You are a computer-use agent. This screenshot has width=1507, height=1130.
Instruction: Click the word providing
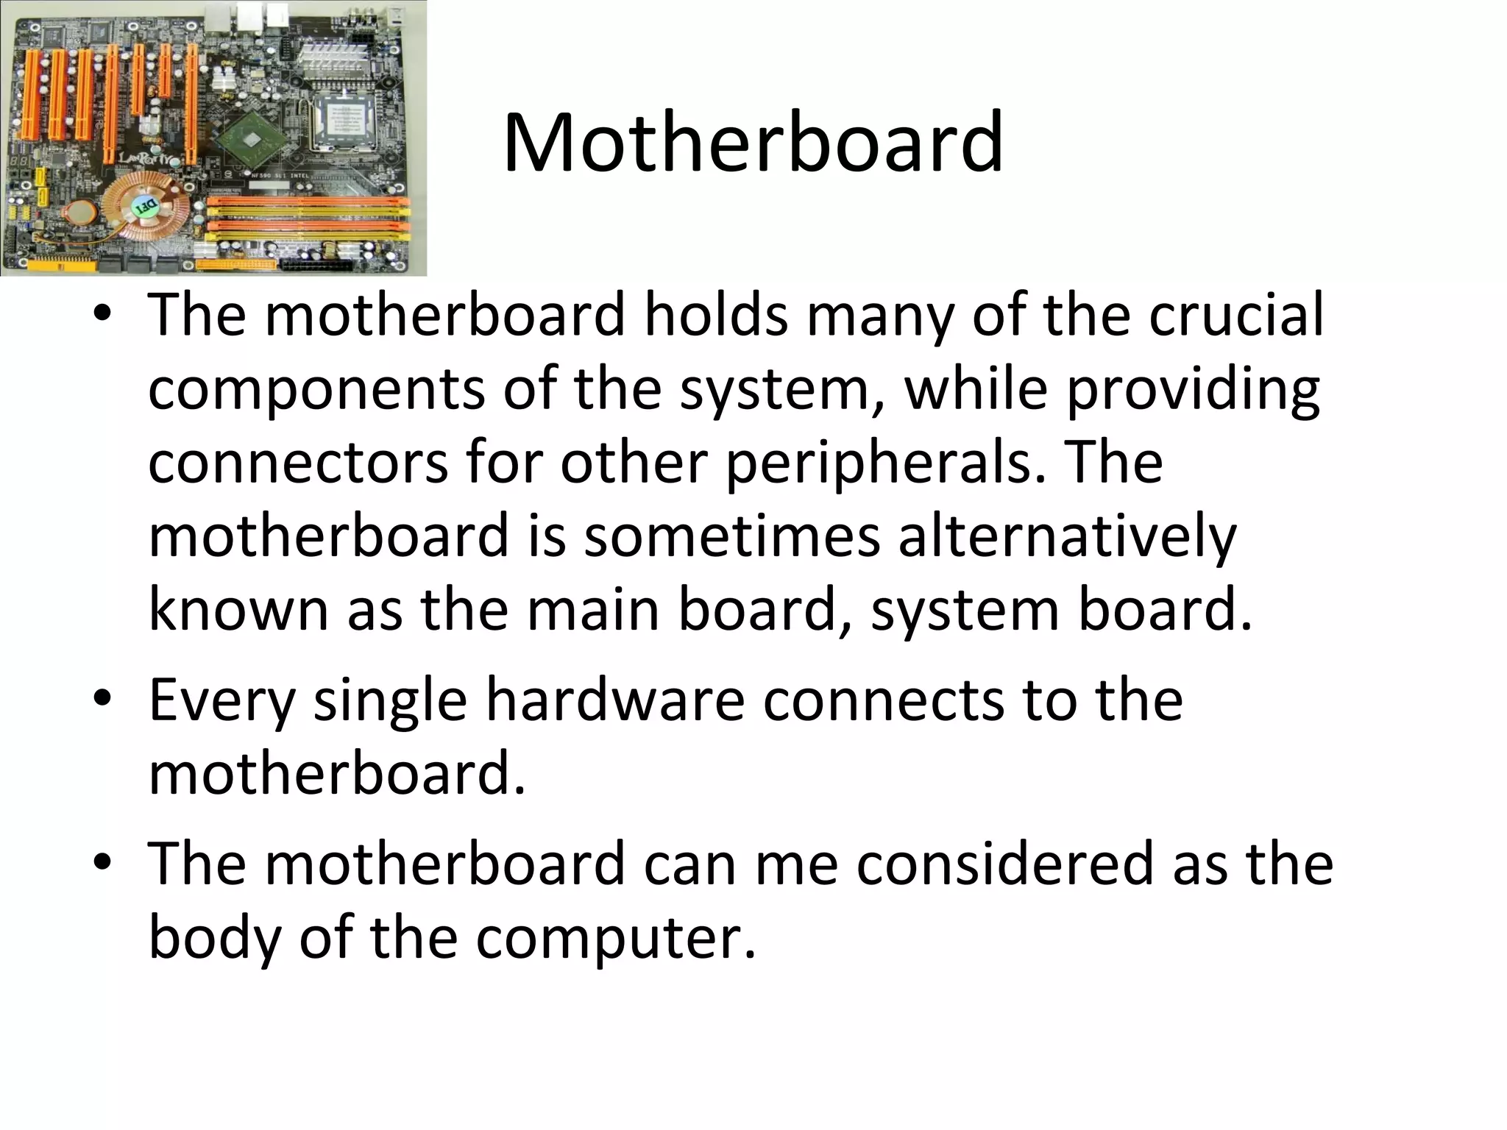(1192, 390)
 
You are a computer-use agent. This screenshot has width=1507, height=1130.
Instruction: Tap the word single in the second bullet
(390, 701)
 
